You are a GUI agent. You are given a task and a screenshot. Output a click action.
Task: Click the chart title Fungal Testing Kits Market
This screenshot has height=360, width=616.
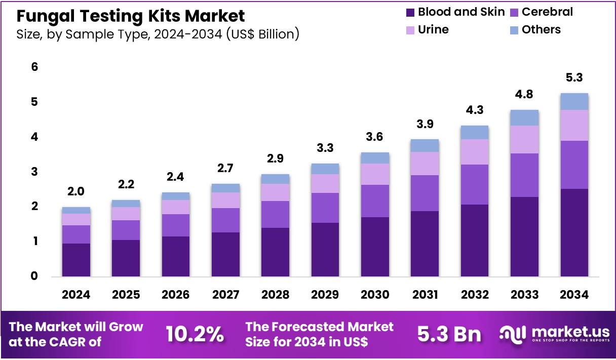point(131,16)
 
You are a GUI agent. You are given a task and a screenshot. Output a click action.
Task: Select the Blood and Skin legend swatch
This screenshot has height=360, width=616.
point(410,12)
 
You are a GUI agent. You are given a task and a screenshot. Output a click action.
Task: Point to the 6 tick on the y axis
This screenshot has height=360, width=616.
point(34,67)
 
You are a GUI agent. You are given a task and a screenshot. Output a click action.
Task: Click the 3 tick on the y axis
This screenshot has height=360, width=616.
point(34,172)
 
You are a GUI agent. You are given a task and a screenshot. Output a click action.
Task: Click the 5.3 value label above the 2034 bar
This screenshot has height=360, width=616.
point(574,78)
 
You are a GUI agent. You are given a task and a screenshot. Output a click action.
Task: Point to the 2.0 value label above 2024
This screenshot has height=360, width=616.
point(76,191)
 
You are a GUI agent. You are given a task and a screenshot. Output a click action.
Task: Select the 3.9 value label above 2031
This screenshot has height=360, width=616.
point(425,124)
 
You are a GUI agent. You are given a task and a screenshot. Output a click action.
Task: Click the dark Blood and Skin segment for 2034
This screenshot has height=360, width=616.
point(574,232)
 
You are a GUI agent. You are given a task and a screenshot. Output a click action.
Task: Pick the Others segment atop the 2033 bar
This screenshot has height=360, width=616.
point(524,117)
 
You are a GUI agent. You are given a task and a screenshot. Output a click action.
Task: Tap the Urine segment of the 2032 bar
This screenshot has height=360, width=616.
point(474,151)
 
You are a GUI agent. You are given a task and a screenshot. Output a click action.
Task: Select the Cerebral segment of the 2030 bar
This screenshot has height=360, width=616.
point(375,201)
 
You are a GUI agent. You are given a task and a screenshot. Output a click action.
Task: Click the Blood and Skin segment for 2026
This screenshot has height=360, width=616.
point(175,256)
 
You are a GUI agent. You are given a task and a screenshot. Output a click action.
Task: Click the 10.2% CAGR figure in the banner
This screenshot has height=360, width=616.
point(195,334)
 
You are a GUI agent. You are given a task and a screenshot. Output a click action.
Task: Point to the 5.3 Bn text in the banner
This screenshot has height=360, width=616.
point(449,334)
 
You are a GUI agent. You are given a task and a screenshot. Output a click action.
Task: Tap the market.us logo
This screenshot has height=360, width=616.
point(554,334)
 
